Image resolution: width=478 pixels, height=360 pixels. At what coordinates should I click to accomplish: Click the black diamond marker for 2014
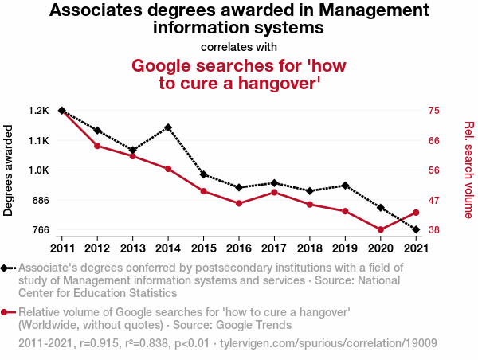coord(168,127)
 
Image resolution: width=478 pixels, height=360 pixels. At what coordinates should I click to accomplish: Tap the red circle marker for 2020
coord(381,229)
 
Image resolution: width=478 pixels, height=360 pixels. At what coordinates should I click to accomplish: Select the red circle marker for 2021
coord(417,213)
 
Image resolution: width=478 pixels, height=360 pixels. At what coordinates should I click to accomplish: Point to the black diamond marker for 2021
coord(417,229)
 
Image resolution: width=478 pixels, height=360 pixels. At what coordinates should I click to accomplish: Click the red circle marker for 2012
coord(97,146)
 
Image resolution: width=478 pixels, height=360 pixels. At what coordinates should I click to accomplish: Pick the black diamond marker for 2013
coord(133,150)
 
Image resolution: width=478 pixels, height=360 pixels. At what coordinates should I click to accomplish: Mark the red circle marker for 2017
coord(274,192)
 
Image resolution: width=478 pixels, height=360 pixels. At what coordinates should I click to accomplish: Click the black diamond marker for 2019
coord(345,186)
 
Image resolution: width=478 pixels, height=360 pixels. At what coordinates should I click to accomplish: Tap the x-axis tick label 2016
coord(239,248)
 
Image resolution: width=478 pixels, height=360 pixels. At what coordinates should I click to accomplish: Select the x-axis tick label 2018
coord(310,248)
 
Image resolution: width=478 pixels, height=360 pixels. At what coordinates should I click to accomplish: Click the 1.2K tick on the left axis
coord(37,111)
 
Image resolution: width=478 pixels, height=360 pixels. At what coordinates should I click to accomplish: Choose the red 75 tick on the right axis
coord(434,111)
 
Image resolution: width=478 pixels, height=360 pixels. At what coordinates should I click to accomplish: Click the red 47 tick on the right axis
coord(434,200)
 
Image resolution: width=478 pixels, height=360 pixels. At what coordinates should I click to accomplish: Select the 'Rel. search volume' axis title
coord(468,170)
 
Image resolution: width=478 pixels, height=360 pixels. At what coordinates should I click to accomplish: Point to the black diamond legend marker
coord(6,268)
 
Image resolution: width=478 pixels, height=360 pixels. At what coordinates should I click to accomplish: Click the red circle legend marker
coord(6,312)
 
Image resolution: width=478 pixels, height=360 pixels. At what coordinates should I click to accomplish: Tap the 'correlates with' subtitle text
coord(238,46)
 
